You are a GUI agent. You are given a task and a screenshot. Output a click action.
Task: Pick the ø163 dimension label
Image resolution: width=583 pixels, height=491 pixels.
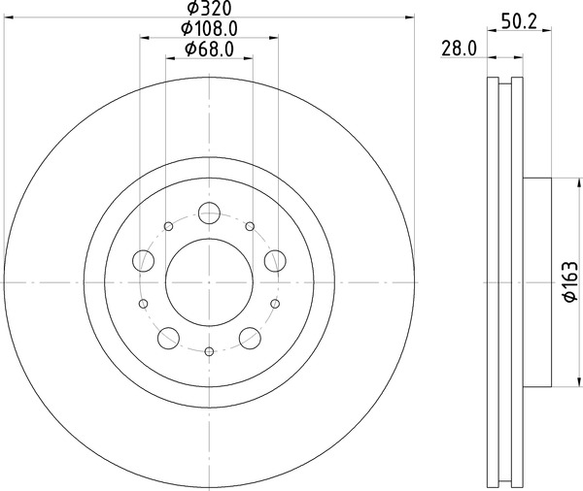click(x=570, y=282)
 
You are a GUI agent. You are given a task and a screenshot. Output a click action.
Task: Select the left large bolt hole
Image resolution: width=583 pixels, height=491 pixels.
click(x=144, y=260)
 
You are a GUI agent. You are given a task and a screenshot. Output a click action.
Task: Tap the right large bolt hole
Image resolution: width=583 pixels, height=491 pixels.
click(x=276, y=260)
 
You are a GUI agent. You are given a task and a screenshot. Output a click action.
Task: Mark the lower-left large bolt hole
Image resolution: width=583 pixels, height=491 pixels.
click(x=169, y=338)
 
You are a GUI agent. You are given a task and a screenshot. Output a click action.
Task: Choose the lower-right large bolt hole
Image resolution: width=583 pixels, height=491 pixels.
click(x=251, y=338)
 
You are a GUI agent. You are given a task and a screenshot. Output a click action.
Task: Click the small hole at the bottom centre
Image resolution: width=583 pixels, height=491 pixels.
click(x=210, y=350)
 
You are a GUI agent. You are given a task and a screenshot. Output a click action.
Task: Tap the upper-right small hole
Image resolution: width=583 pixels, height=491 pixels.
click(x=250, y=227)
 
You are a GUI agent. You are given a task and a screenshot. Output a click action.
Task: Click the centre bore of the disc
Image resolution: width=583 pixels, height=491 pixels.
click(x=210, y=281)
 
